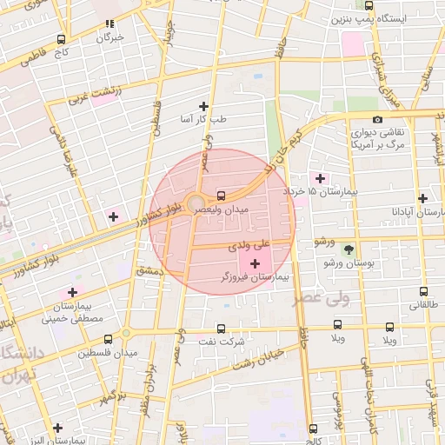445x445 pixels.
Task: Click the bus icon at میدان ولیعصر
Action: point(221,195)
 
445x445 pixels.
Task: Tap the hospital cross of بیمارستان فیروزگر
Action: point(255,263)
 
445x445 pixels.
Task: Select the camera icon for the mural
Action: point(377,120)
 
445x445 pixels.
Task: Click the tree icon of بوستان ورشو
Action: point(349,249)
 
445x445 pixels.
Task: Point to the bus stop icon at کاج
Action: point(61,39)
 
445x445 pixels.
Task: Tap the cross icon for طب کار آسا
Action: point(204,105)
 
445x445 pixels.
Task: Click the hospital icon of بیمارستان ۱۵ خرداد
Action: point(321,177)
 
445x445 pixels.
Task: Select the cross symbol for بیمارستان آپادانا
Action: point(422,198)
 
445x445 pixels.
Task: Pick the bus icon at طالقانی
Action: point(423,292)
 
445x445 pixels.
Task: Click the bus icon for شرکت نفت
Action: point(220,329)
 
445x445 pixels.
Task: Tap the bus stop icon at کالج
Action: point(313,428)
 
